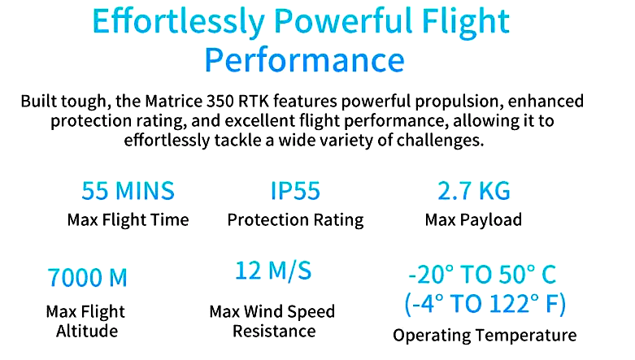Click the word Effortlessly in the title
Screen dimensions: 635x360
pyautogui.click(x=179, y=21)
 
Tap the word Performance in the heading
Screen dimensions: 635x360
pyautogui.click(x=305, y=60)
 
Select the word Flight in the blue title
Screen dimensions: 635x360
pyautogui.click(x=465, y=22)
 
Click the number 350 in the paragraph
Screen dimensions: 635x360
pyautogui.click(x=220, y=101)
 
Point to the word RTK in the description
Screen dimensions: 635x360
pyautogui.click(x=254, y=101)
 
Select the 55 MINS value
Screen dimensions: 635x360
pyautogui.click(x=128, y=191)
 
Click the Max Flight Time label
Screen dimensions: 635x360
pyautogui.click(x=128, y=220)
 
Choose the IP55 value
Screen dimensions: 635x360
pyautogui.click(x=295, y=191)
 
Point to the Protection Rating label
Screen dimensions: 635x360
pyautogui.click(x=295, y=220)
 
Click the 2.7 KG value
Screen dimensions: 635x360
pyautogui.click(x=473, y=191)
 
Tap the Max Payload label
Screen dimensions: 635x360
pyautogui.click(x=473, y=220)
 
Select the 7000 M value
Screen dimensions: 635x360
pyautogui.click(x=88, y=278)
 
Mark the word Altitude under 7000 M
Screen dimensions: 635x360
pyautogui.click(x=87, y=332)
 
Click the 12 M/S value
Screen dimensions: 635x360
pyautogui.click(x=273, y=271)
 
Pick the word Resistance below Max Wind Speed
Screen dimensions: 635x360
pyautogui.click(x=274, y=332)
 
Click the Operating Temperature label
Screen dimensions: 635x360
pyautogui.click(x=485, y=336)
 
